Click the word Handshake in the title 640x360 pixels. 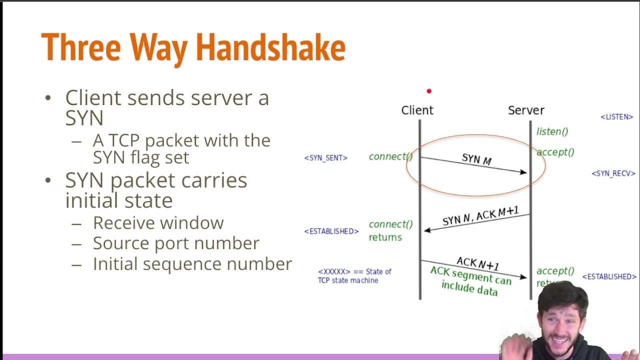pos(270,48)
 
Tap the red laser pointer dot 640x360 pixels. pos(429,91)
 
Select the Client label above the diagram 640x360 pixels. pos(417,110)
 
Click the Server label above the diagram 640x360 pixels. pos(526,110)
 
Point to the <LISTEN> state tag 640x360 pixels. pos(616,117)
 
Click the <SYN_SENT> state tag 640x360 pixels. pos(325,158)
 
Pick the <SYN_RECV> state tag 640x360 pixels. pos(613,173)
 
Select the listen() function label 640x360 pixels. pos(552,131)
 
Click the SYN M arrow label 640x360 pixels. pos(476,159)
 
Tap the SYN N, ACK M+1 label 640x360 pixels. pos(480,216)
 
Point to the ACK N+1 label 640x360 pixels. pos(477,263)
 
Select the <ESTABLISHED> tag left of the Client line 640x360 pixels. pos(331,231)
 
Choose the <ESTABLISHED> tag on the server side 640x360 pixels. pos(609,276)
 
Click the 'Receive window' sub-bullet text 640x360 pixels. pos(158,223)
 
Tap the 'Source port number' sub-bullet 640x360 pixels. pos(176,243)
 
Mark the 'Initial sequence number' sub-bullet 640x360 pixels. pos(192,264)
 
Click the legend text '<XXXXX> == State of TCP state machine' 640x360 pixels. pos(354,276)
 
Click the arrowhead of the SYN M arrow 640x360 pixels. pos(523,172)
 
